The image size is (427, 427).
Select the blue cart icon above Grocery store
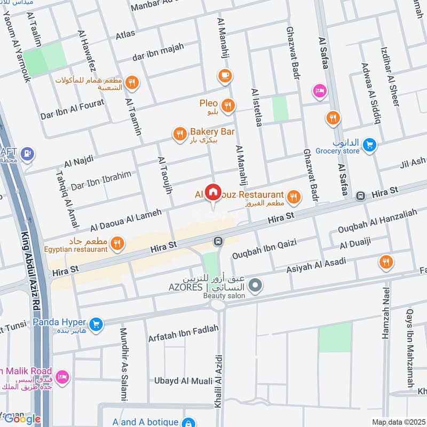pos(369,144)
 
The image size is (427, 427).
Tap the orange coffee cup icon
pos(225,75)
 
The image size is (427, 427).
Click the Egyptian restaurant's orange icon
pos(117,244)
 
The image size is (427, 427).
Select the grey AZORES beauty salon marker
pos(256,286)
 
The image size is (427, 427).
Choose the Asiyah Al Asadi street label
pos(316,265)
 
